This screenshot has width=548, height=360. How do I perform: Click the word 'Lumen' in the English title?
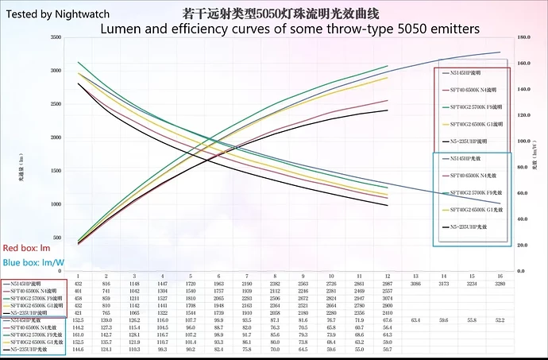click(122, 29)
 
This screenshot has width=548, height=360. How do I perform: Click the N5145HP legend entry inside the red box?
click(465, 72)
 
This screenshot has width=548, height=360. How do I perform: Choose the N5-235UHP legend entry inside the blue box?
click(469, 227)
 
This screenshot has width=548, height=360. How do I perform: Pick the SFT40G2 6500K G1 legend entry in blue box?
click(474, 210)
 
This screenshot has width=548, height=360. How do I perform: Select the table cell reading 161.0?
click(78, 334)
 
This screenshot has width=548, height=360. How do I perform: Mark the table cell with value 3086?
click(415, 283)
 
